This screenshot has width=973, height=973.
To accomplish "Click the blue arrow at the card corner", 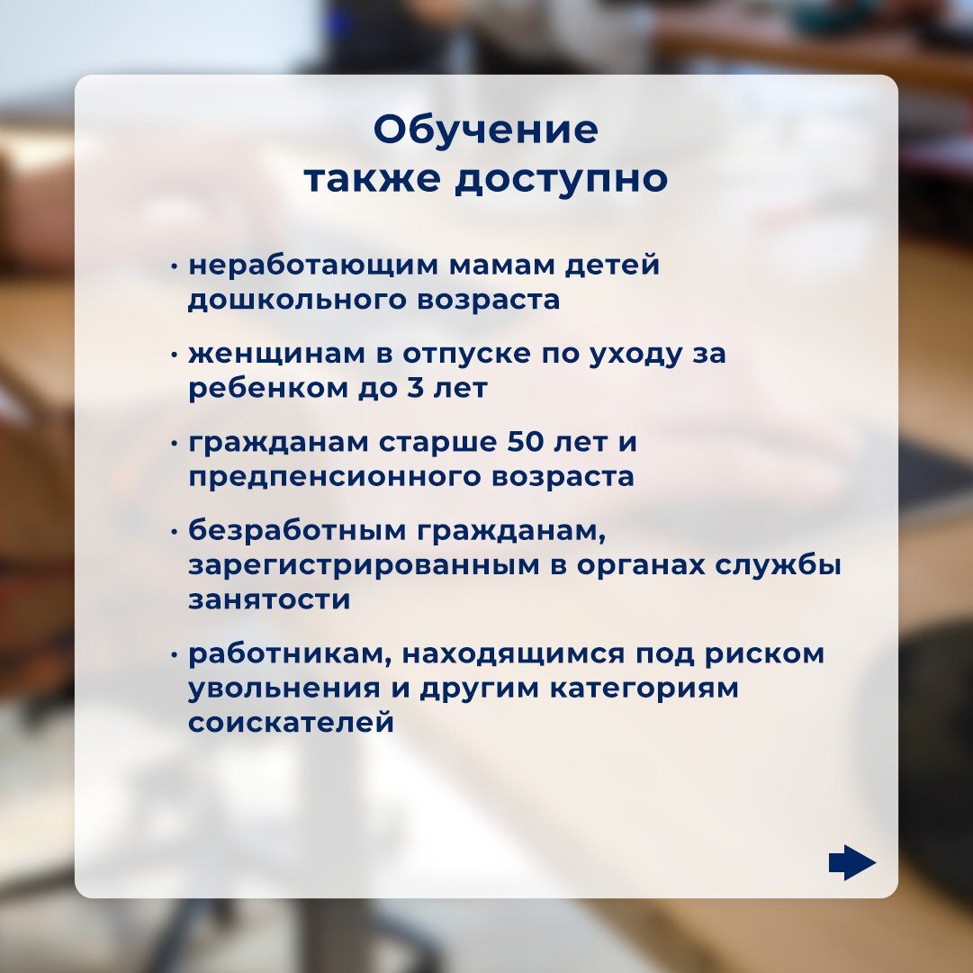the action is click(x=852, y=862).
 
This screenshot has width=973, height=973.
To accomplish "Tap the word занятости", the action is click(x=269, y=600).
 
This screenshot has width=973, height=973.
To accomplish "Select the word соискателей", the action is click(x=291, y=723).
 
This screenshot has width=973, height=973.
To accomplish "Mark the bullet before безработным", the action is click(x=175, y=533).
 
